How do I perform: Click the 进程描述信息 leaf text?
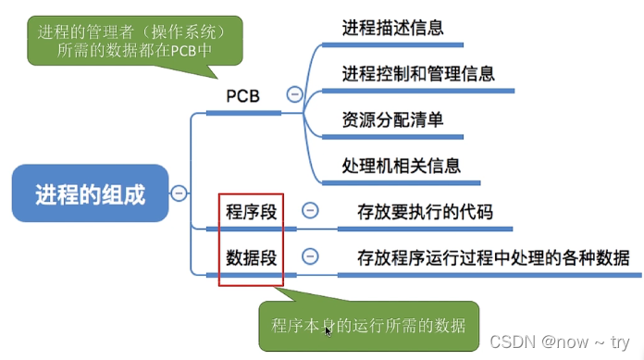point(392,28)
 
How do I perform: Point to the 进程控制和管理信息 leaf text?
point(418,73)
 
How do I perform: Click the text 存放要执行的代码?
point(425,212)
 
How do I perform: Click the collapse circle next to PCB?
point(294,93)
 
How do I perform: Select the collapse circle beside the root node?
point(179,193)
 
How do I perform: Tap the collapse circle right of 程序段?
point(311,210)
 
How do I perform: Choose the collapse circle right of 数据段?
point(311,255)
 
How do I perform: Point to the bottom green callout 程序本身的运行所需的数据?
point(368,326)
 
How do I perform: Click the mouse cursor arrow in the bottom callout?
point(328,330)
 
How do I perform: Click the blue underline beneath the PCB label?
point(243,113)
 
